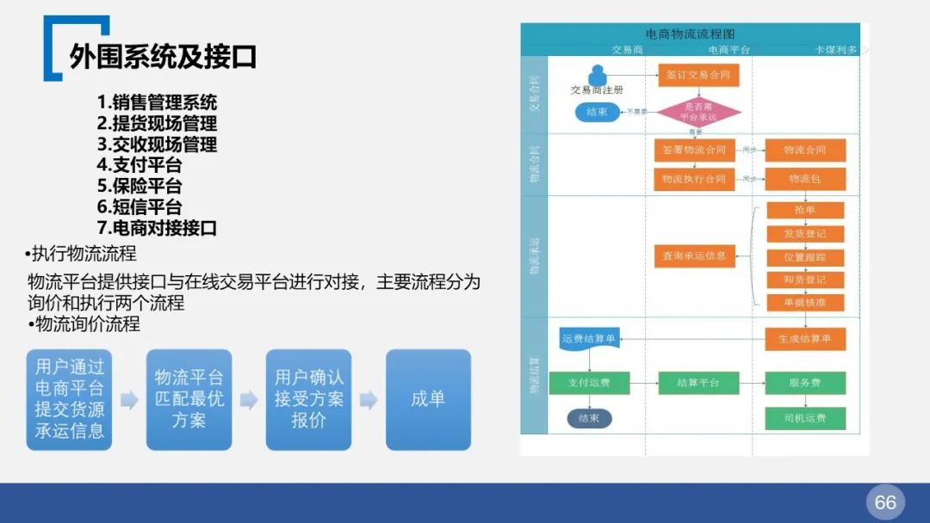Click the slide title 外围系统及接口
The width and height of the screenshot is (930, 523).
(x=163, y=58)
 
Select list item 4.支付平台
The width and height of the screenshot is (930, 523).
(x=139, y=165)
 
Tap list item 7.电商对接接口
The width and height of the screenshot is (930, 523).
(x=156, y=228)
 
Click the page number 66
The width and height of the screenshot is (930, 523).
(x=885, y=502)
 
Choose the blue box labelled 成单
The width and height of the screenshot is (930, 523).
(x=428, y=399)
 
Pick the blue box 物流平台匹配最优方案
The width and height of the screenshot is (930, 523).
(x=189, y=399)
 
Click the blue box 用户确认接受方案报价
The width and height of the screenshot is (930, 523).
(x=308, y=399)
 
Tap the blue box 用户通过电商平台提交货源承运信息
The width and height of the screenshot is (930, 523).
(x=69, y=399)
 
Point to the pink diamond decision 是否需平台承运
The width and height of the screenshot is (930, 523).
(x=699, y=111)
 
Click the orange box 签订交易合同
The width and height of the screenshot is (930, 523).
(x=698, y=75)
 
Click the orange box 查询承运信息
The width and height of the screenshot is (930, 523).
(x=694, y=255)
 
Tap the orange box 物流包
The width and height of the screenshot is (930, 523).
(x=805, y=179)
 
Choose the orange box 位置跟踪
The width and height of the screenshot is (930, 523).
(x=805, y=257)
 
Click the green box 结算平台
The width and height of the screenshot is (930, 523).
(x=698, y=383)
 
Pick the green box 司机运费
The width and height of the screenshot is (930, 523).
(x=805, y=419)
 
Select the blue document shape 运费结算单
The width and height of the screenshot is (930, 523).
(x=589, y=339)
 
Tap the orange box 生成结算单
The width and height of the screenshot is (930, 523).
(x=805, y=339)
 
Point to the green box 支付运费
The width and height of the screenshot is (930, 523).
(x=589, y=383)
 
